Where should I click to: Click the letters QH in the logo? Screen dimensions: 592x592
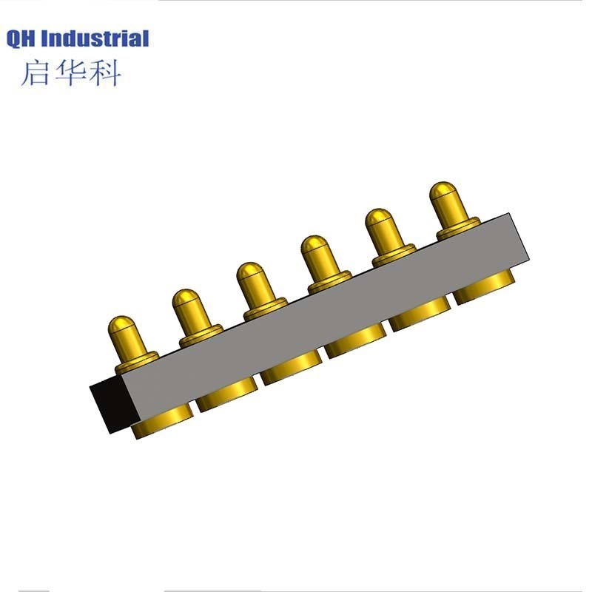coord(22,38)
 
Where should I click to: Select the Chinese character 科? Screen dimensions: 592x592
coord(104,73)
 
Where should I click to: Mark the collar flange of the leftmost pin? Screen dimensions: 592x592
coord(136,361)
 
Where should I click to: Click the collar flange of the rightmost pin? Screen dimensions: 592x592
coord(459,227)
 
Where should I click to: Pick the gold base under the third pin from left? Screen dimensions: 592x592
coord(291,370)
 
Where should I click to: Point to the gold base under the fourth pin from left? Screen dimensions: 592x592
coord(355,344)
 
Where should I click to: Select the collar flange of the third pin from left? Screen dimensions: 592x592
coord(265,307)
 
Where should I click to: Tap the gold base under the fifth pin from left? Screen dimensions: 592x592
coord(420,317)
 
